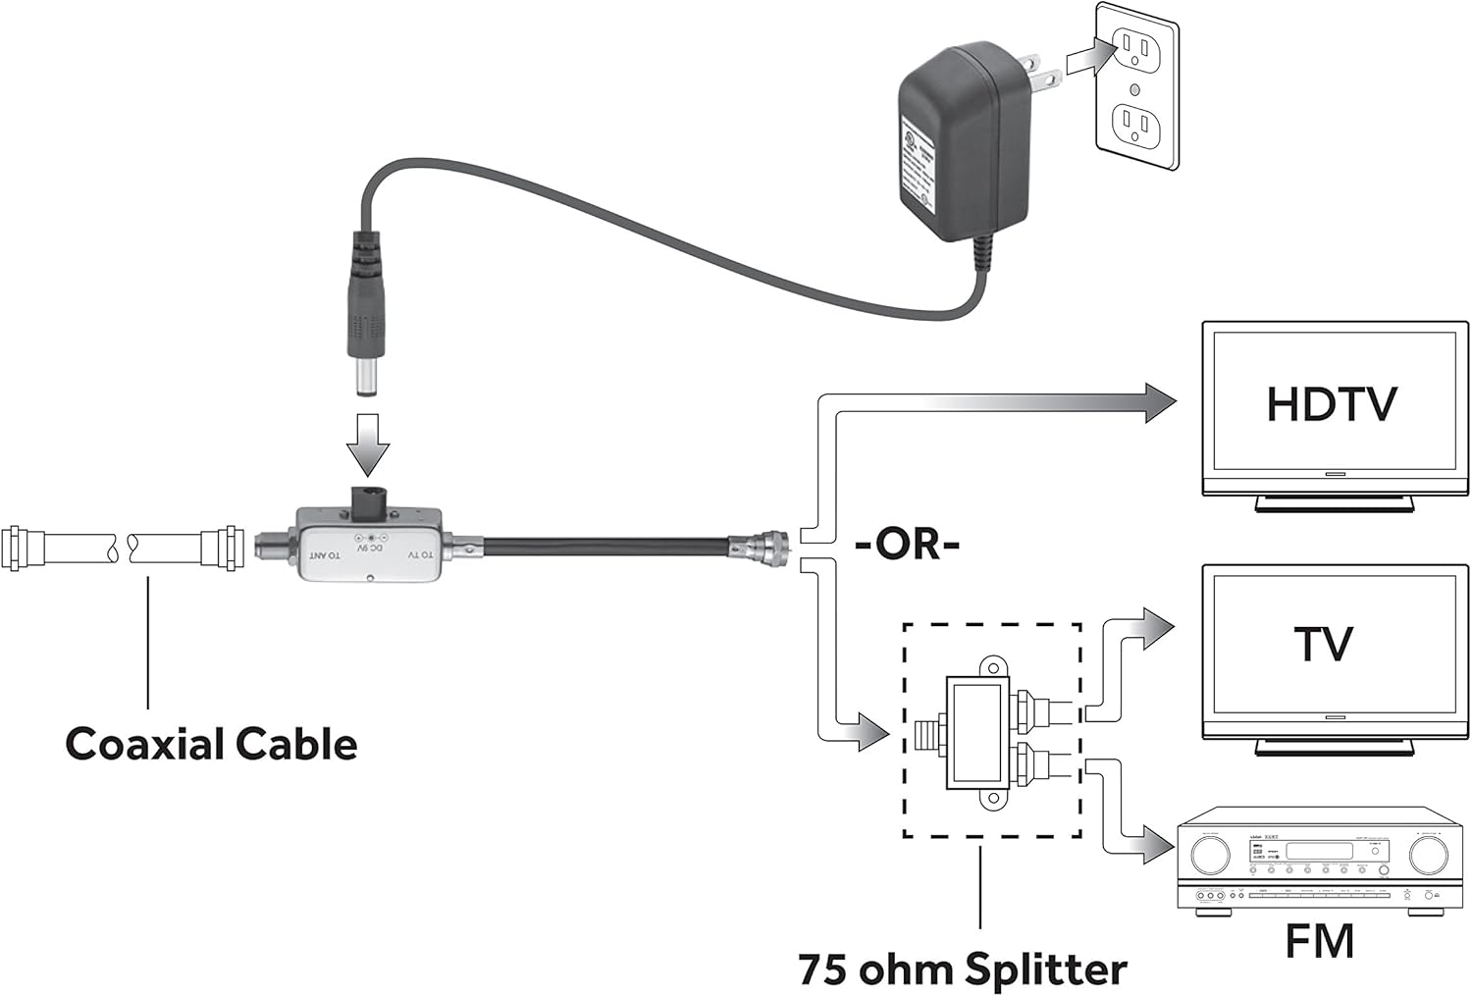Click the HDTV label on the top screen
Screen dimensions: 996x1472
pos(1331,404)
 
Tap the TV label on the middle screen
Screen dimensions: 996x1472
pos(1324,645)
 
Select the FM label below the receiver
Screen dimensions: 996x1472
pos(1320,941)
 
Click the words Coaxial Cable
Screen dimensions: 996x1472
pos(211,744)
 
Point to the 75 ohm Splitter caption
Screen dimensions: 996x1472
pos(962,969)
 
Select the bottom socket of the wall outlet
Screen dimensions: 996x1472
pos(1136,126)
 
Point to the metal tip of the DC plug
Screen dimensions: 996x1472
pos(367,379)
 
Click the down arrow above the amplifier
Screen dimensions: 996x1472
pos(367,443)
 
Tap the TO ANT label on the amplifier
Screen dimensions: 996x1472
pos(328,555)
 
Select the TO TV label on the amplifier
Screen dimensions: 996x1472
pos(419,555)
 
